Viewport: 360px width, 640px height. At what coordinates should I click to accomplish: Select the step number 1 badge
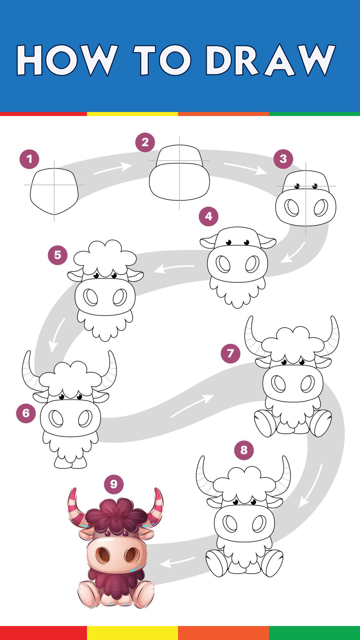click(x=29, y=159)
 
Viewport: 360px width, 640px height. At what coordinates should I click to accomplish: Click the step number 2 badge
click(x=145, y=142)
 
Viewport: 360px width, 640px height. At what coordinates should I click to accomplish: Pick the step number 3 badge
click(x=283, y=159)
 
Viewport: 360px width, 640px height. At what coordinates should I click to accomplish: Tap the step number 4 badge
click(x=209, y=216)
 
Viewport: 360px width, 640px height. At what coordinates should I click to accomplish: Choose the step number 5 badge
click(x=58, y=255)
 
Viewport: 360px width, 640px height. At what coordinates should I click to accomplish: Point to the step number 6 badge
click(x=26, y=413)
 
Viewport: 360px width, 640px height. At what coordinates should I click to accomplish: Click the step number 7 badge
click(x=231, y=353)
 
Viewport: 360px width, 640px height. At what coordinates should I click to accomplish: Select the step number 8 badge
click(x=244, y=450)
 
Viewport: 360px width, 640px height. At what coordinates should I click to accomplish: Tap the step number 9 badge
click(x=114, y=484)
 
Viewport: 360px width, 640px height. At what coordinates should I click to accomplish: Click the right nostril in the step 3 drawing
click(x=321, y=208)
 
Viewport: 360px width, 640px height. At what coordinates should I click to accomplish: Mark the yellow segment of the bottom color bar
click(x=132, y=633)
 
